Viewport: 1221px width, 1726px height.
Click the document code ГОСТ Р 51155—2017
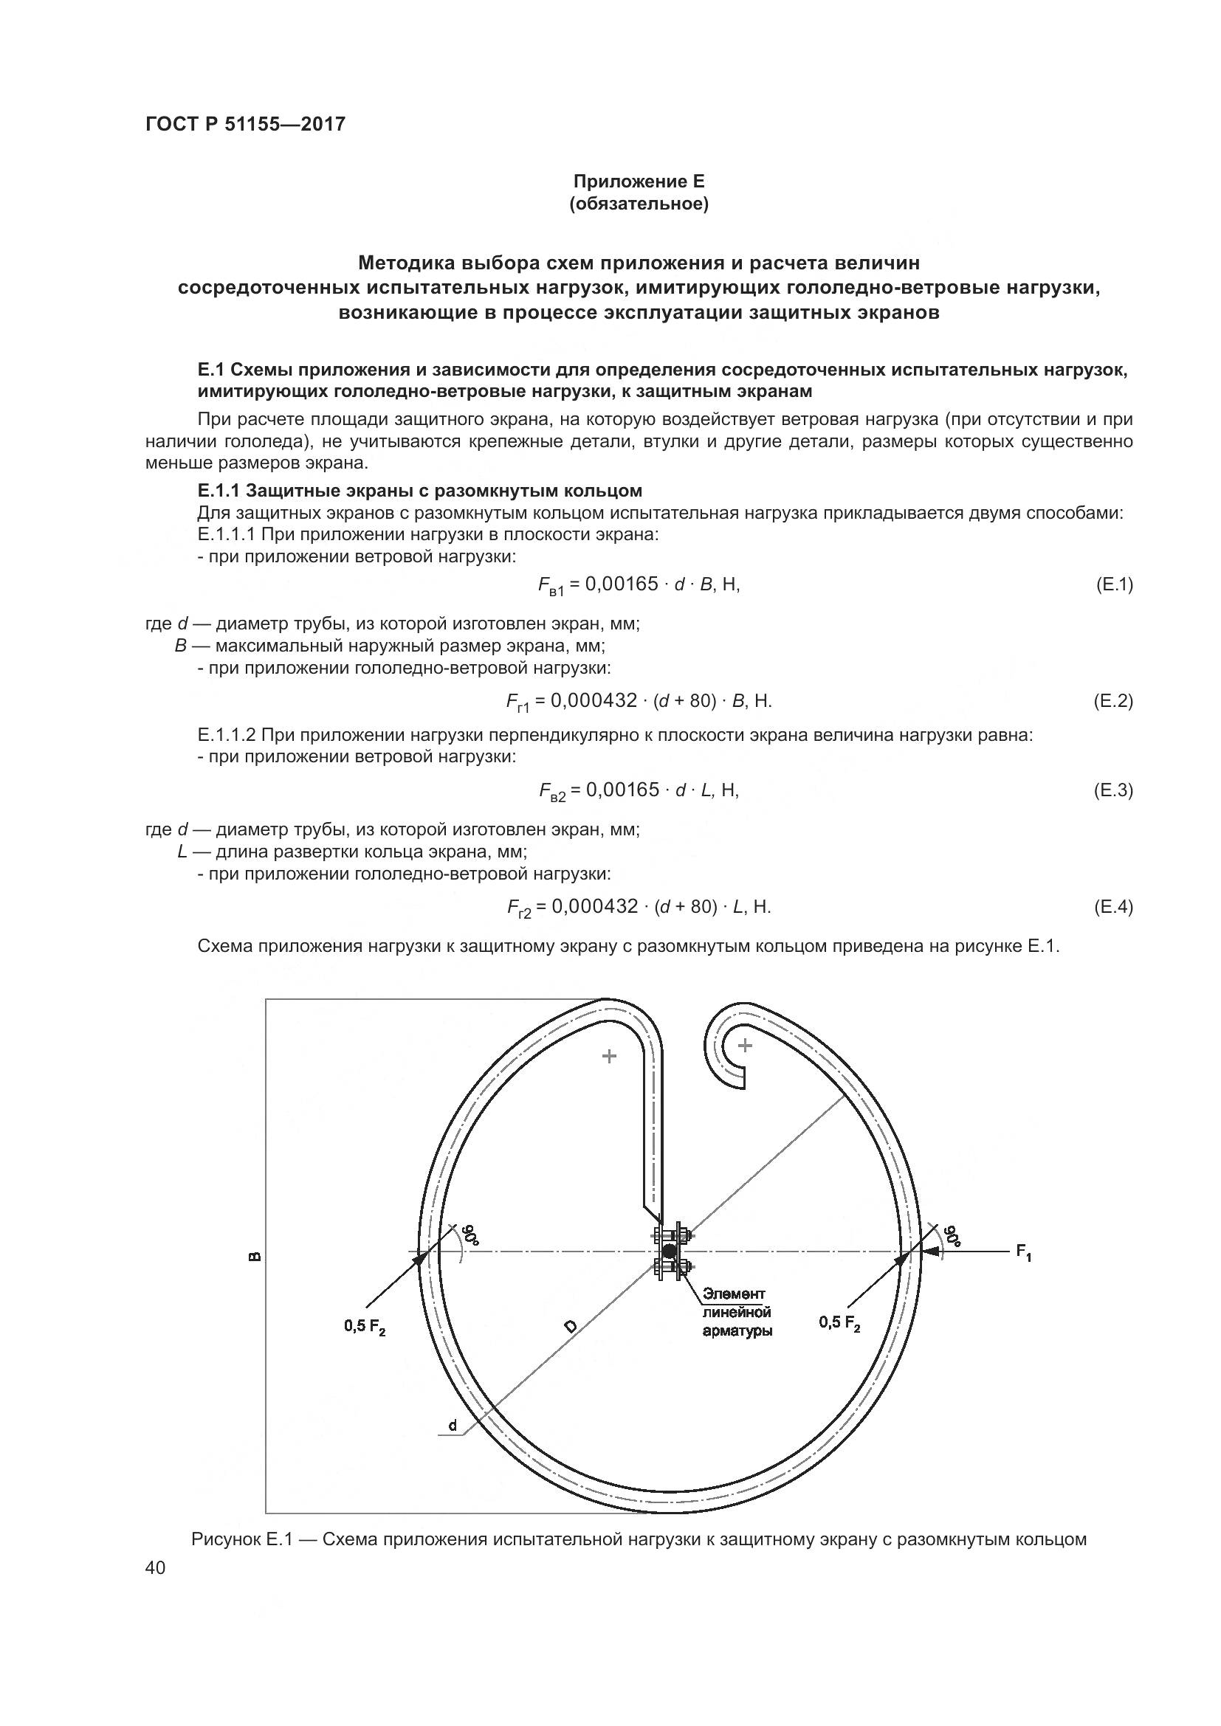click(245, 124)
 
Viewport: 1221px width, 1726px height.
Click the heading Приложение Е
click(639, 182)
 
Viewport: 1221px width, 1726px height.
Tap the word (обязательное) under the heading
click(639, 204)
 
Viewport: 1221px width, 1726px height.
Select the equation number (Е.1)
click(1113, 584)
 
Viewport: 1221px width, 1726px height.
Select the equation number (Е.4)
click(1112, 907)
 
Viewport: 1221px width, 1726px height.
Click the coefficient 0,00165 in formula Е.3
click(622, 790)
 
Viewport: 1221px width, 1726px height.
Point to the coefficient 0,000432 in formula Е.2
click(594, 700)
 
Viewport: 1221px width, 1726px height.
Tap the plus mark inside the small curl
click(744, 1045)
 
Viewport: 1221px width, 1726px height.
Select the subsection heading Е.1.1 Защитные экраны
click(419, 491)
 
